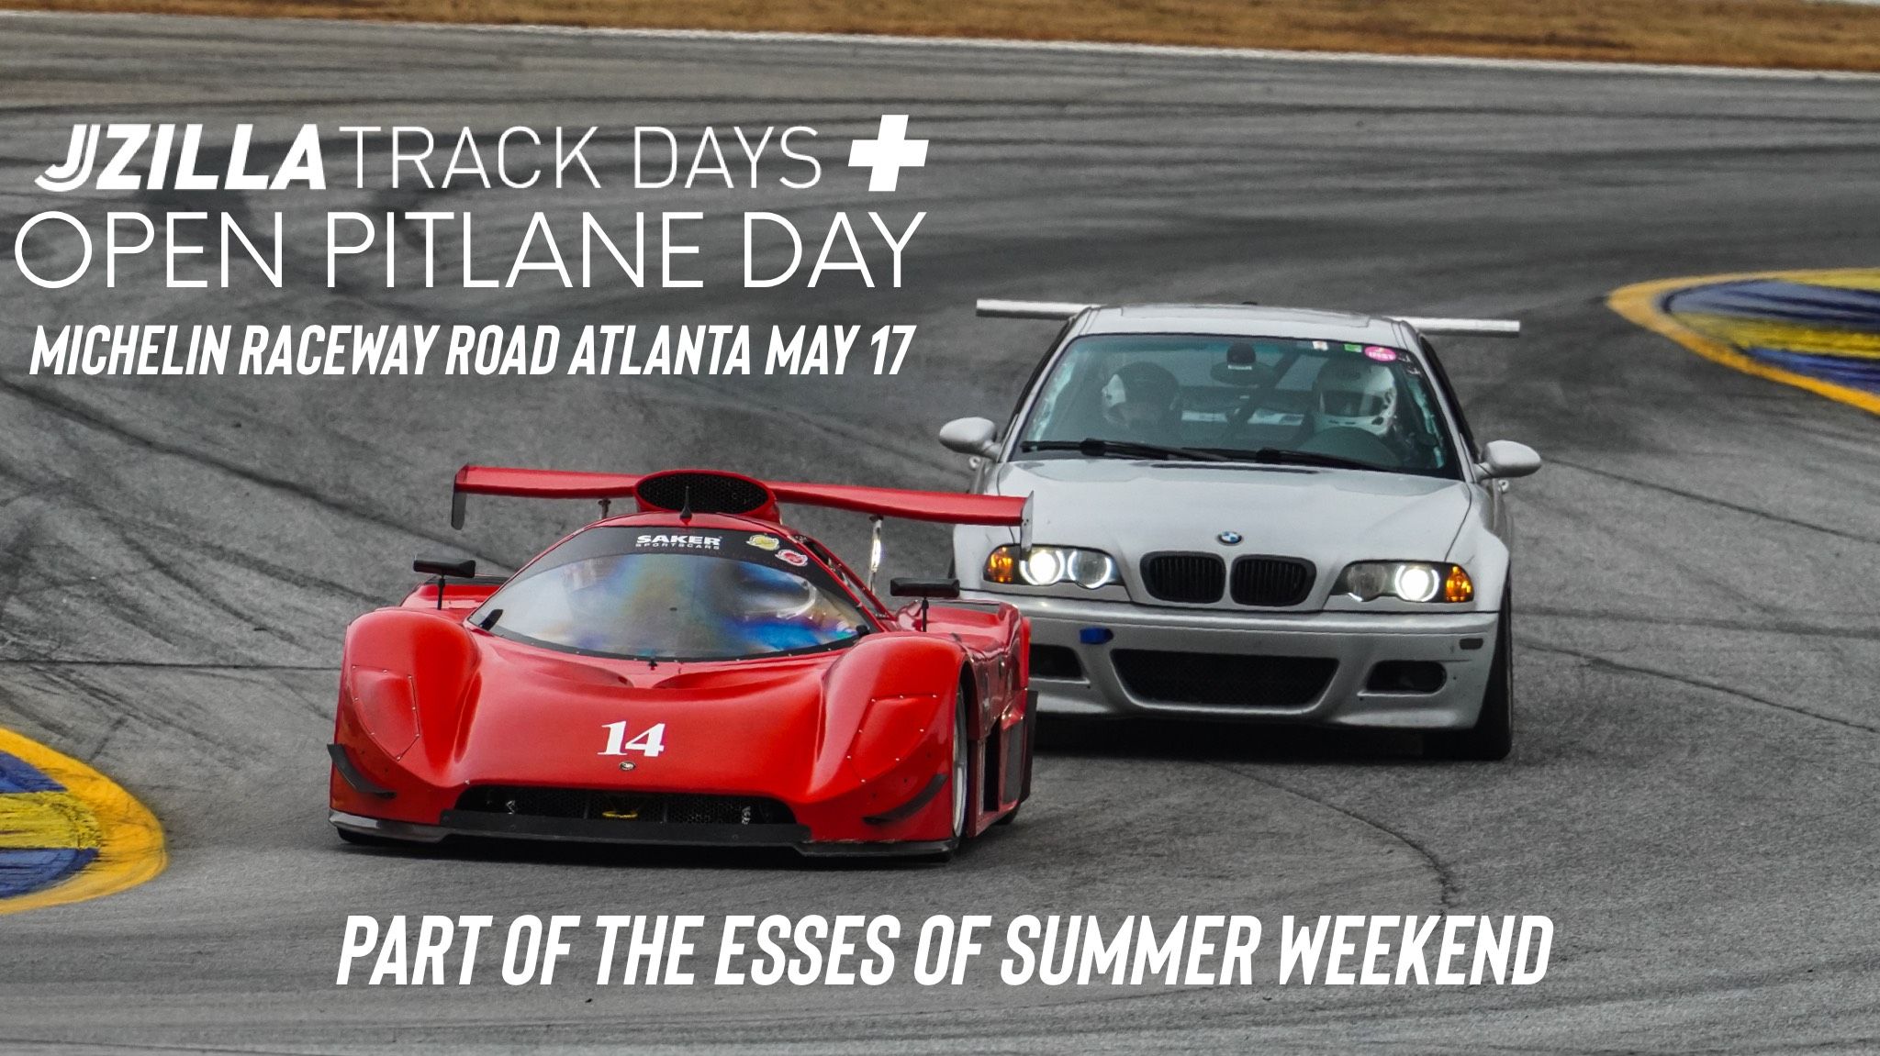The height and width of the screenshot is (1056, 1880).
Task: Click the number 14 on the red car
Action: (632, 739)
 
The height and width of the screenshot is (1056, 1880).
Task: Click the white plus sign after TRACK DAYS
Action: (888, 153)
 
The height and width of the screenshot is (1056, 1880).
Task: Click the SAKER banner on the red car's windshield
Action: (679, 541)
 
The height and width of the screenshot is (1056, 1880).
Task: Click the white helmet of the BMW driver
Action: (1355, 395)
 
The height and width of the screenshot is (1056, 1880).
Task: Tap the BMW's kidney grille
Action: (1226, 579)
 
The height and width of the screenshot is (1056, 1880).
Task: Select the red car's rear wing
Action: (740, 496)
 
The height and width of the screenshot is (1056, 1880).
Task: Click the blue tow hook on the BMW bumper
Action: (1096, 635)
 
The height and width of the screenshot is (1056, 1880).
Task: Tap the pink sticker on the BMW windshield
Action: (1381, 352)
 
